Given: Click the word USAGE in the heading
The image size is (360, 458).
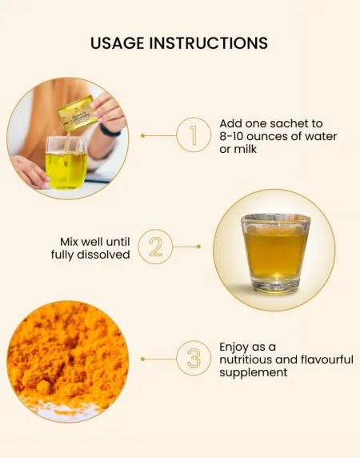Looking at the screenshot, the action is pos(118,43).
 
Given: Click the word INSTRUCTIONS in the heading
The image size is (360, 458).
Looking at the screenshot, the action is pos(208,43).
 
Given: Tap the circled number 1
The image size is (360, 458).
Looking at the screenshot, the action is pos(193,135).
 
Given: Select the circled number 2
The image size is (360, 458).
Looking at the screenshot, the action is pos(155,247).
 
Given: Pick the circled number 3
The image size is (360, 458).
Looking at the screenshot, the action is pos(194,358).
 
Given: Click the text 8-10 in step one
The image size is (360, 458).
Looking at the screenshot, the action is pos(231,136).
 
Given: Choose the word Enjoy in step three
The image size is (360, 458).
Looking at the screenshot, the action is pos(234,348).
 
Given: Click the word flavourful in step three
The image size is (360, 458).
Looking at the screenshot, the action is pos(326,360).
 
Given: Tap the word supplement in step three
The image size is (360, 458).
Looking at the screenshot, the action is pos(254,372).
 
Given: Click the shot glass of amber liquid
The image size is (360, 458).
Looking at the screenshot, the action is pos(275,254).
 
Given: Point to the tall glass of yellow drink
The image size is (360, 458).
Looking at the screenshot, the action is pos(66,162).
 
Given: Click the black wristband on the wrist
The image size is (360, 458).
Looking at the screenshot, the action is pos(110,131).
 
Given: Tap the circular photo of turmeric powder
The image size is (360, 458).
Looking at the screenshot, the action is pos(68,361).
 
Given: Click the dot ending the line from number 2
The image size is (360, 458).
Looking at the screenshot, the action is pos(198,247).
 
